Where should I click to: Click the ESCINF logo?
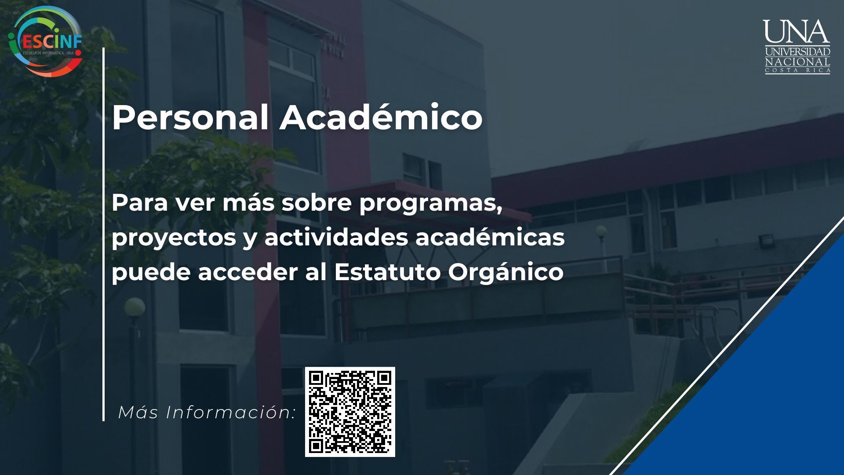pyautogui.click(x=46, y=41)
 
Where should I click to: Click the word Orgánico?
pyautogui.click(x=506, y=273)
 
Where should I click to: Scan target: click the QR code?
pyautogui.click(x=350, y=412)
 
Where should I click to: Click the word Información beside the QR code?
pyautogui.click(x=230, y=413)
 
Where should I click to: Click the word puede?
pyautogui.click(x=151, y=273)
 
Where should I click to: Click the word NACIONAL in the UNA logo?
pyautogui.click(x=797, y=62)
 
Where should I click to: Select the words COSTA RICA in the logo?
pyautogui.click(x=797, y=71)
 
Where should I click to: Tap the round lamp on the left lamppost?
pyautogui.click(x=135, y=307)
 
